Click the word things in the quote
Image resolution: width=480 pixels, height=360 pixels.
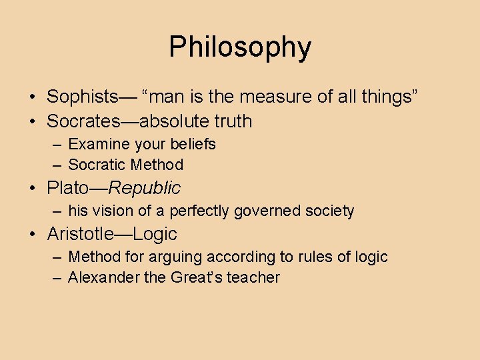click(x=387, y=97)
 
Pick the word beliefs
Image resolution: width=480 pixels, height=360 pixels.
click(x=194, y=144)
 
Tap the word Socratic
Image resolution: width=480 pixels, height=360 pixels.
click(x=97, y=165)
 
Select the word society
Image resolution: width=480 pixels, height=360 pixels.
click(x=329, y=211)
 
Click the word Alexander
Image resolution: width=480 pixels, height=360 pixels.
click(x=103, y=277)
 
